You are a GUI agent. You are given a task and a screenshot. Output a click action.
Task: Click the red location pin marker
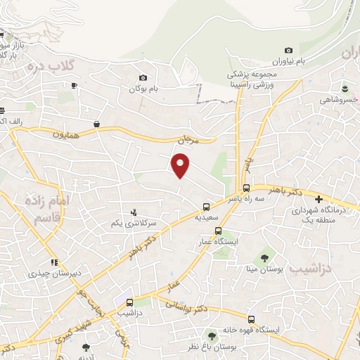coord(181,165)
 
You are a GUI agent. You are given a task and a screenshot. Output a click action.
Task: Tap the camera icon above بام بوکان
coord(143,78)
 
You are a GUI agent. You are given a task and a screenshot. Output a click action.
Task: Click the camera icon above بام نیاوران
coord(288,50)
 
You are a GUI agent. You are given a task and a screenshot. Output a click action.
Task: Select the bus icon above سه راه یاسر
coord(246,188)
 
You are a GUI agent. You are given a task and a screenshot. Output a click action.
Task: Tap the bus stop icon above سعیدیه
coord(205,207)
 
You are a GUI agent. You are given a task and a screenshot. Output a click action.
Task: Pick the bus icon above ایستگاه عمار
coord(218,231)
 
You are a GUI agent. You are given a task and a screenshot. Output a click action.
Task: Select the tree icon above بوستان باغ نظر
coord(210,335)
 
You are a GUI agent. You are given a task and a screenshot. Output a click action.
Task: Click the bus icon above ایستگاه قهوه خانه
coord(251,319)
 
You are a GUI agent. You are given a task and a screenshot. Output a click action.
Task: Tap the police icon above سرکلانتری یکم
coord(134,212)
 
